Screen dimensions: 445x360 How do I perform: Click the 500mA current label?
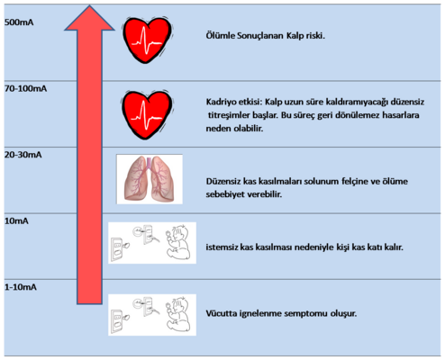(19, 22)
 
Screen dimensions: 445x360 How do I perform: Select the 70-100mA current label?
(25, 89)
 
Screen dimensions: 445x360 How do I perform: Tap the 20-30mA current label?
(23, 155)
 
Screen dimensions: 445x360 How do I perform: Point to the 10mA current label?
(16, 221)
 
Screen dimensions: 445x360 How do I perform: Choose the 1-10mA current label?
(21, 287)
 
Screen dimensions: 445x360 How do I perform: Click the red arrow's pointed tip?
(89, 5)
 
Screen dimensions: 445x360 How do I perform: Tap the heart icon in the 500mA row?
(147, 40)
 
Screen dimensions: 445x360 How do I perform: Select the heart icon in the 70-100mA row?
(147, 114)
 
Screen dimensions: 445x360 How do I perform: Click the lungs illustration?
(150, 179)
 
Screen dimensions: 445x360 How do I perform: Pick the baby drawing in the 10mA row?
(178, 242)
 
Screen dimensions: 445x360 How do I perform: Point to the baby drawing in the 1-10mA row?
(178, 314)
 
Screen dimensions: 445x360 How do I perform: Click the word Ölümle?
(220, 36)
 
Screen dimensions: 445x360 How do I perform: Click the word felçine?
(357, 182)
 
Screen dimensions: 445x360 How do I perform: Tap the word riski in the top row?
(315, 36)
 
